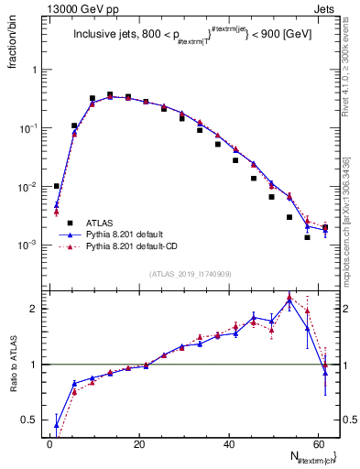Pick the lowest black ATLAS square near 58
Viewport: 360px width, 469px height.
click(307, 237)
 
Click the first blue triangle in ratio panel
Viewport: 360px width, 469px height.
click(57, 424)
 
